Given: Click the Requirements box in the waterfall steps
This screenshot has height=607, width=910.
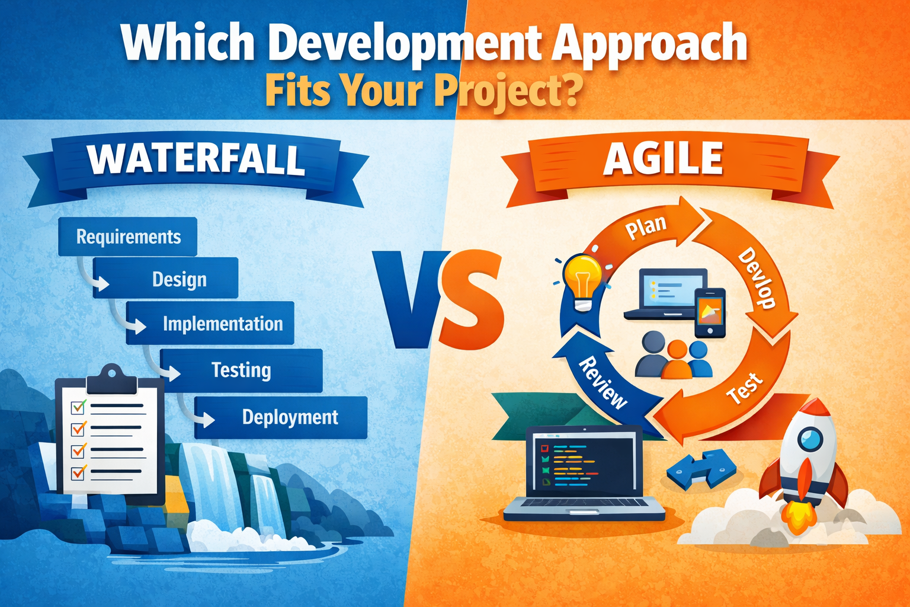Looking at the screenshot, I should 127,237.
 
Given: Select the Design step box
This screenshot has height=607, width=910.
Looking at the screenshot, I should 166,279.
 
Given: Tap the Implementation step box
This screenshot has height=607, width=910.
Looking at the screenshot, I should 210,324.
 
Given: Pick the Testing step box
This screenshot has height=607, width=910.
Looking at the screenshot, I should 242,370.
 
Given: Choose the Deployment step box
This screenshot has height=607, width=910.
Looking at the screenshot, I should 281,417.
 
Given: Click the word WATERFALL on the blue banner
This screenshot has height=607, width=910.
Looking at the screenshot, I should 196,159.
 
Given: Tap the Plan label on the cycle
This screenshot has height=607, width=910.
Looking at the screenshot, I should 646,227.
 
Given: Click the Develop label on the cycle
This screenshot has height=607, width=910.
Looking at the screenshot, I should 757,278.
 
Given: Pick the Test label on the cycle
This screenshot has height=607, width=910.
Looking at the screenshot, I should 745,388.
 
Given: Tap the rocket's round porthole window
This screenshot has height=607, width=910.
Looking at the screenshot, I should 809,439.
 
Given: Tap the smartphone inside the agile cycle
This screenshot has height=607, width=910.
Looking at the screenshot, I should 710,312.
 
